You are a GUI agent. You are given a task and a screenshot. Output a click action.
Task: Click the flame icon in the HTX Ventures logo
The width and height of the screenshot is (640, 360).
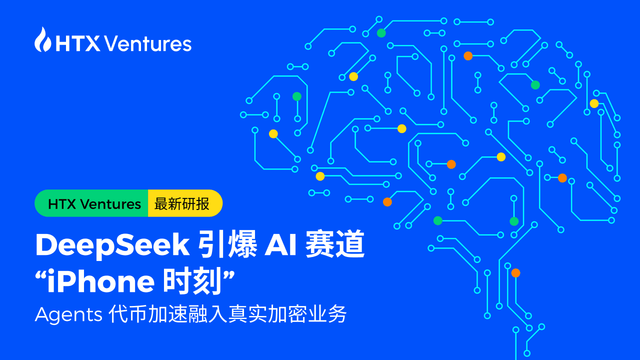(x=43, y=40)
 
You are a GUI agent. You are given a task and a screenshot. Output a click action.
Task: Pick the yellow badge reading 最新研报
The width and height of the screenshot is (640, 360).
(x=183, y=204)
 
